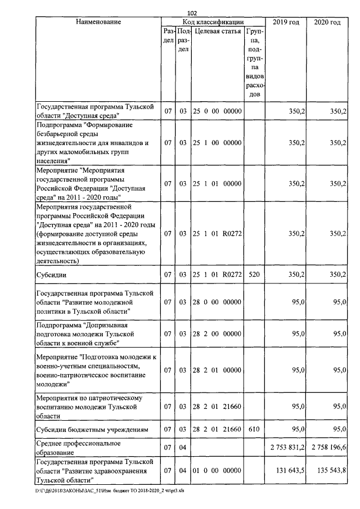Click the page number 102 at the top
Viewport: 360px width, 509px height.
pos(192,13)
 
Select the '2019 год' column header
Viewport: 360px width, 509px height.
pos(285,22)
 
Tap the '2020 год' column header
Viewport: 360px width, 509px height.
pos(327,22)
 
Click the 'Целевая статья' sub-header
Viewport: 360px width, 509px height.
pos(217,31)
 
